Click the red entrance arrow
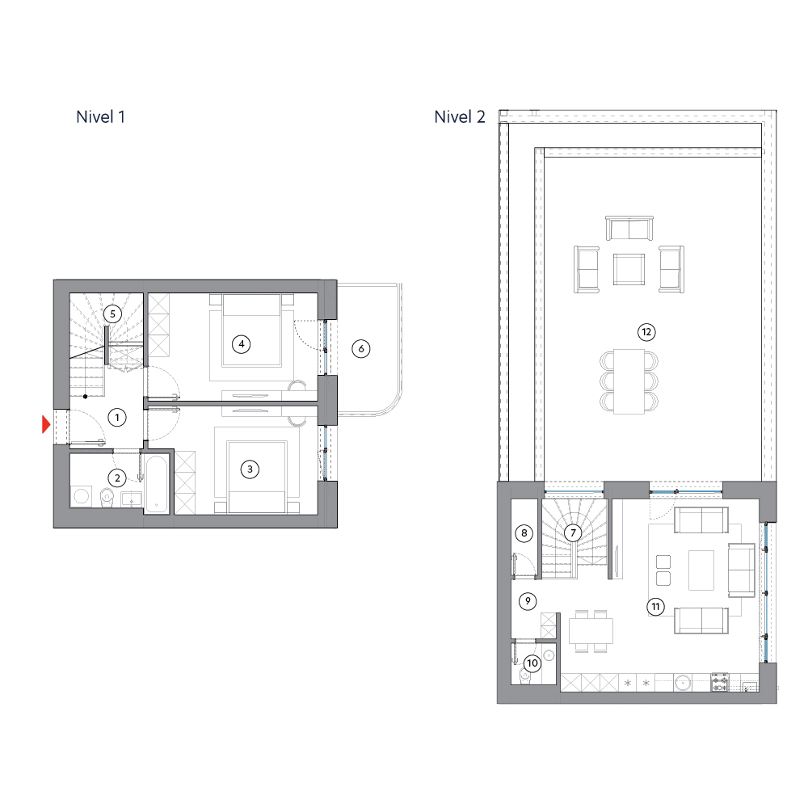46,425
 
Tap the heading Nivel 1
100,117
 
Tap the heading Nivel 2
460,117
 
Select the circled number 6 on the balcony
360,349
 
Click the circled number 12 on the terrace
646,332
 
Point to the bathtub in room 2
156,483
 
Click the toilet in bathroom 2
107,497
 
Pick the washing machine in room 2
82,496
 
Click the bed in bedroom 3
257,477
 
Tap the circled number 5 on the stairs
112,314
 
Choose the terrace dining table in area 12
629,381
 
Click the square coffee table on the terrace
629,270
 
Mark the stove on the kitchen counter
719,682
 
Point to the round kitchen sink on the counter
684,682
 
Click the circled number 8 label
524,532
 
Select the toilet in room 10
524,676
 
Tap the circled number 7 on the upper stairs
573,532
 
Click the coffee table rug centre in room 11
701,570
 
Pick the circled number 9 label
527,601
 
